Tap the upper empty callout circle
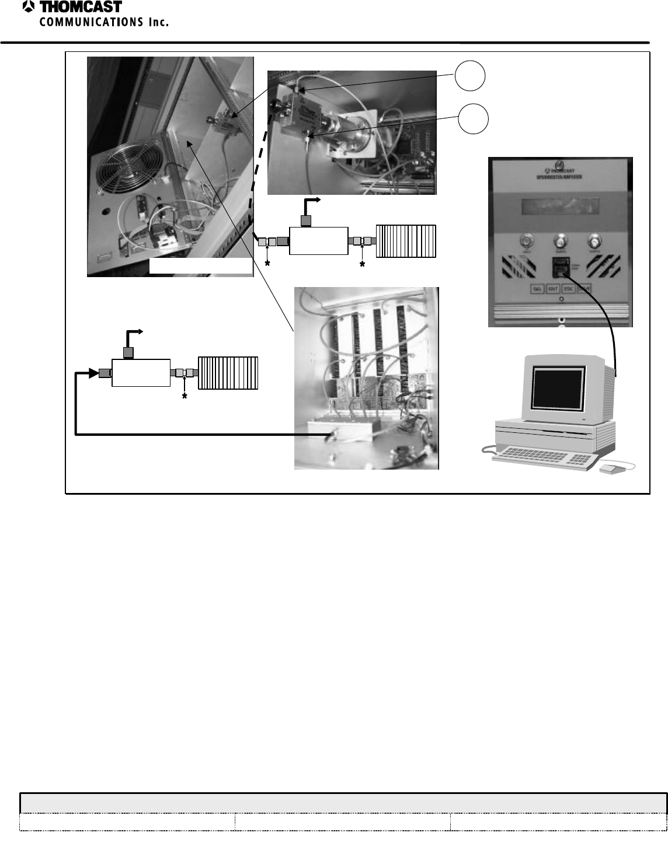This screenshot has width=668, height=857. pyautogui.click(x=471, y=77)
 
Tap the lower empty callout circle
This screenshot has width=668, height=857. pyautogui.click(x=471, y=118)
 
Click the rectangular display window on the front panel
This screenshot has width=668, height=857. pyautogui.click(x=560, y=205)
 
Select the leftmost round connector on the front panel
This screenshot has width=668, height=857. pyautogui.click(x=524, y=241)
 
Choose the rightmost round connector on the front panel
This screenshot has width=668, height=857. pyautogui.click(x=594, y=241)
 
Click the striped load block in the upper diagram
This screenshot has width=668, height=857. pyautogui.click(x=406, y=241)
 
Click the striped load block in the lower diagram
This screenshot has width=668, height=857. pyautogui.click(x=228, y=373)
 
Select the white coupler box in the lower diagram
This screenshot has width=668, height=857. pyautogui.click(x=141, y=373)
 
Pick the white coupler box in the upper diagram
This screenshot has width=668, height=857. pyautogui.click(x=318, y=241)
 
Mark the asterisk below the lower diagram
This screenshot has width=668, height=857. pyautogui.click(x=185, y=397)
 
